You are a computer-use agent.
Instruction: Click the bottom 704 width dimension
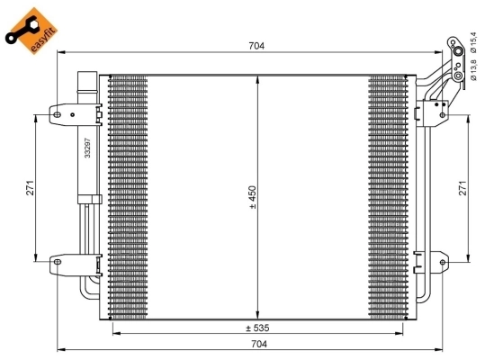(258, 345)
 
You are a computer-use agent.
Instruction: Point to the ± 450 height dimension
(254, 196)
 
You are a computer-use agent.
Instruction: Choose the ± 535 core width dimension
(258, 327)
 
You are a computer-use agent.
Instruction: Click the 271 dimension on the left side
(30, 188)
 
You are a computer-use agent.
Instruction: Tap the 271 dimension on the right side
(463, 188)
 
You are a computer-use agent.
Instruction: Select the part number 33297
(87, 147)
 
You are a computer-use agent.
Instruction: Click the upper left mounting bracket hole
(56, 113)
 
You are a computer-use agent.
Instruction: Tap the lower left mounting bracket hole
(56, 263)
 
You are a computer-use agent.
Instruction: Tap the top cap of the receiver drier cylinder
(87, 80)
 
